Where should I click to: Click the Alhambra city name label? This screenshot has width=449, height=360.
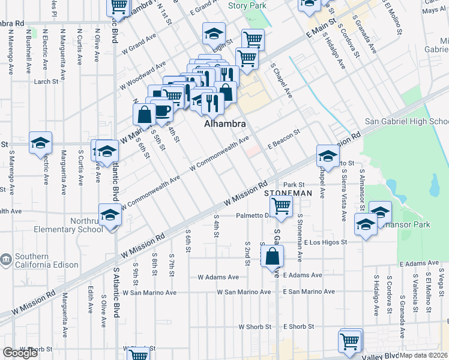coord(225,124)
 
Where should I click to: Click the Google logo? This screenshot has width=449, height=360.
coord(20,353)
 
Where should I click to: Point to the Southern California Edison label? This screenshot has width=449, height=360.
coord(40,259)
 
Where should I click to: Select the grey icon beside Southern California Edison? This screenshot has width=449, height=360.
coord(6,259)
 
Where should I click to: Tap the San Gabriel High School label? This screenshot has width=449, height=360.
coord(406,121)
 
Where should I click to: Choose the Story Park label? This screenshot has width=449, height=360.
coord(247,5)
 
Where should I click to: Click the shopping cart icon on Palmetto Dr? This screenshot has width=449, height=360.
coord(281,206)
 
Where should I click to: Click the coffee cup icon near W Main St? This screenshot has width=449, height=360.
coord(162,110)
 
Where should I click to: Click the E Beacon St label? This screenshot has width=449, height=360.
coord(283,137)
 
